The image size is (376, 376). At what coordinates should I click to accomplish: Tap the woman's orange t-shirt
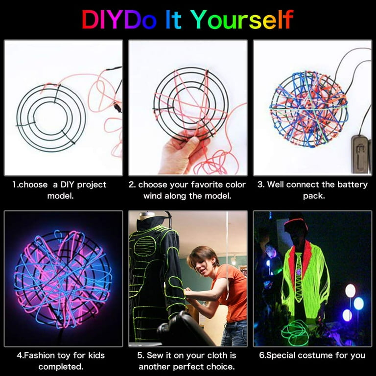[233, 294]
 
